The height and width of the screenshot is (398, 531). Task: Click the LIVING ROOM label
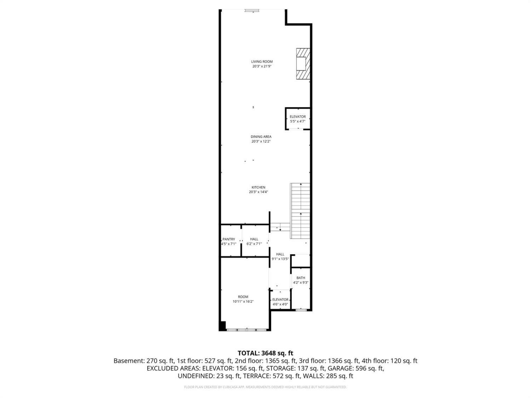(x=262, y=62)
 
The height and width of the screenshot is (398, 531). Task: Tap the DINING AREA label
(x=261, y=137)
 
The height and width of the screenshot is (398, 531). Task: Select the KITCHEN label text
(x=258, y=187)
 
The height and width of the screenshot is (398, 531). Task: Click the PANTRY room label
(x=229, y=239)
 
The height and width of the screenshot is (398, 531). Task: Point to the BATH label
(x=301, y=278)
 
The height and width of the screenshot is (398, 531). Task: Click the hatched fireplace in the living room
(x=303, y=64)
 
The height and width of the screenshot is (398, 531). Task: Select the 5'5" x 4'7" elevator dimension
(x=298, y=121)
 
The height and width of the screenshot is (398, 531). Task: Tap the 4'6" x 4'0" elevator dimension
(x=280, y=304)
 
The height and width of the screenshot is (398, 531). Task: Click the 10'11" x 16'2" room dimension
(x=243, y=301)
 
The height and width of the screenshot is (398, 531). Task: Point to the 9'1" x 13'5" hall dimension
(x=280, y=259)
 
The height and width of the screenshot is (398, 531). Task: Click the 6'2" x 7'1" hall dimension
(x=254, y=244)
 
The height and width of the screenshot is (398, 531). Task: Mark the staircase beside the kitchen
(x=300, y=211)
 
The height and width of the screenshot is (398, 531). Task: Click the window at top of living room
(x=252, y=10)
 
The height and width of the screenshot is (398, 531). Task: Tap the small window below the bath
(x=301, y=310)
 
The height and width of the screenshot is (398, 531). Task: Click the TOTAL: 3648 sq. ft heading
(x=265, y=353)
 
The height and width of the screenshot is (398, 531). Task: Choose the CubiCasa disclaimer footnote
(x=265, y=387)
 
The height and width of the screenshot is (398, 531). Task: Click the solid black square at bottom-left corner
(x=222, y=325)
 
